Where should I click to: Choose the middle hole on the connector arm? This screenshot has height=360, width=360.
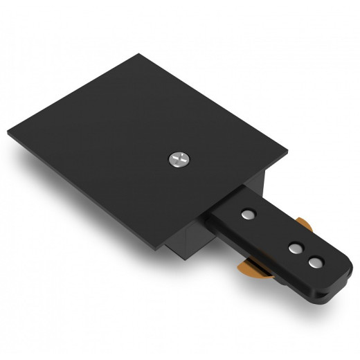[295, 246]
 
